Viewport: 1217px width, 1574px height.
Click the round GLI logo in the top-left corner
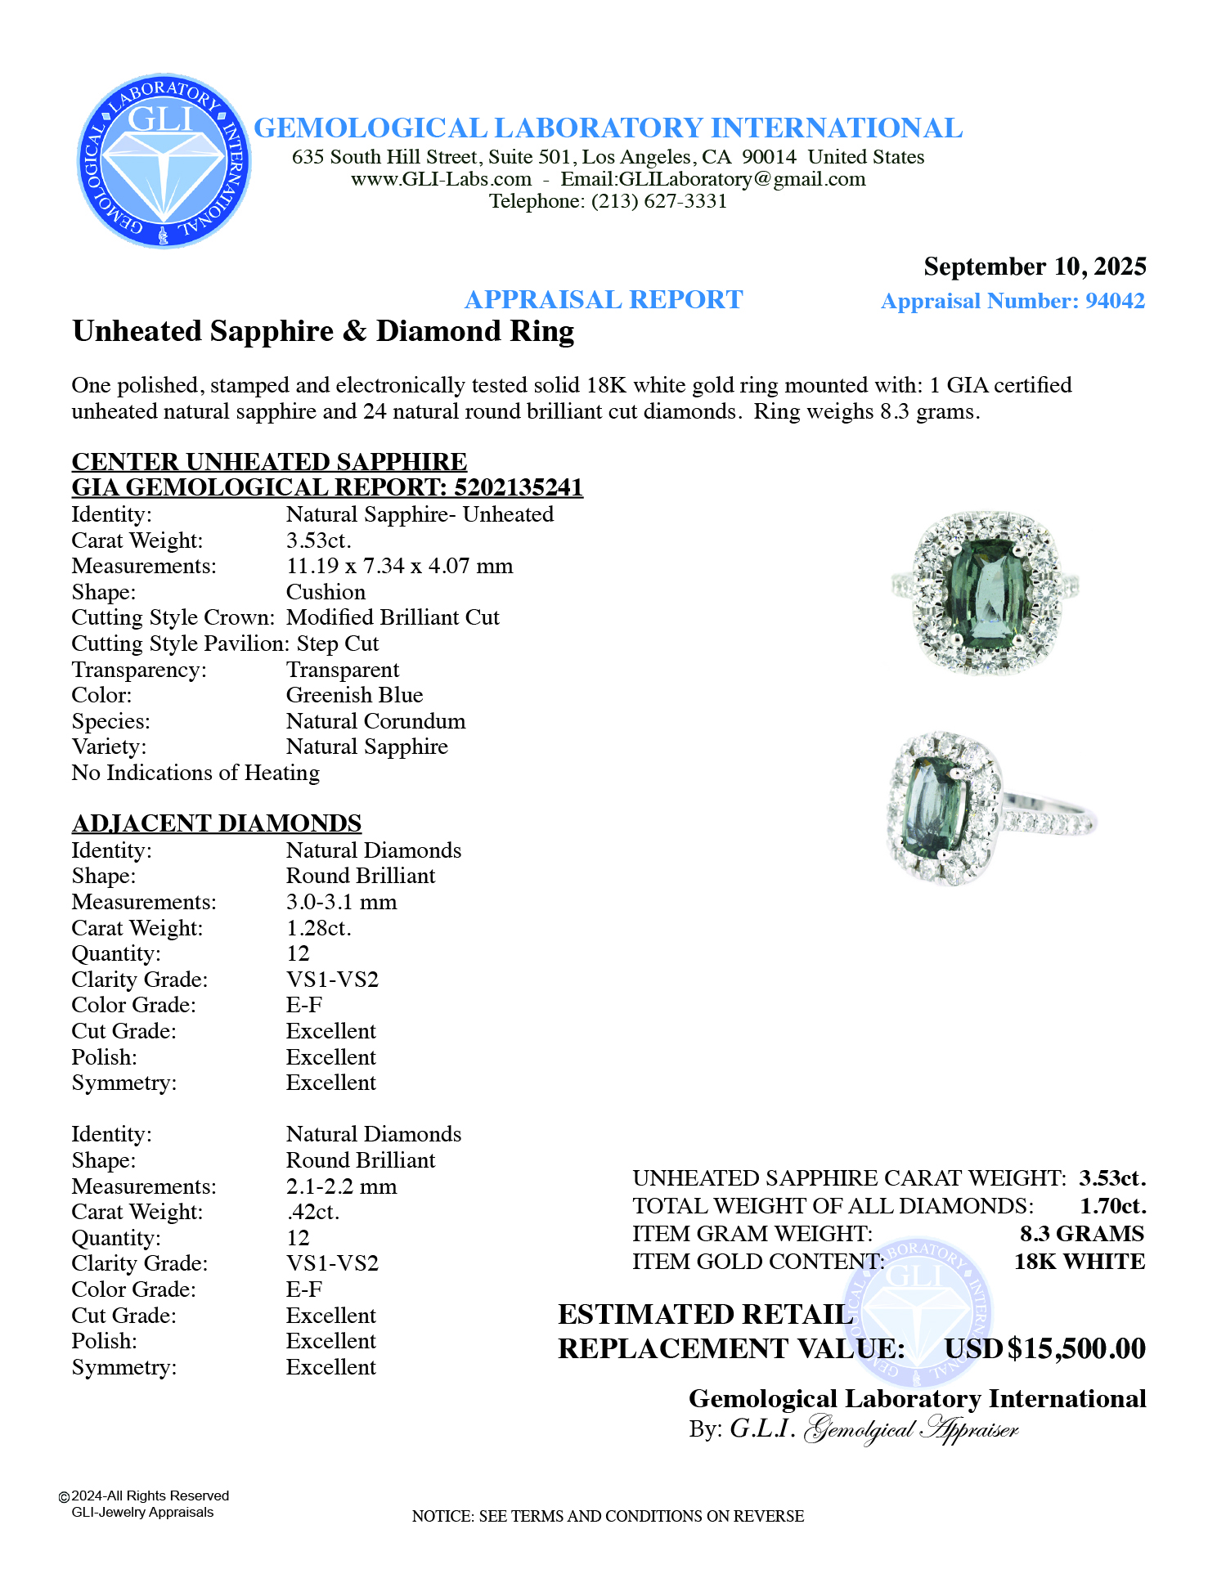[164, 161]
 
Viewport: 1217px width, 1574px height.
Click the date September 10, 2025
[1035, 267]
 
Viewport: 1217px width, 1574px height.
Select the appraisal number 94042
[1115, 301]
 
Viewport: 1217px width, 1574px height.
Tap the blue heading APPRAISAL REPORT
[604, 299]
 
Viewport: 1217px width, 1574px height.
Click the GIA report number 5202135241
[518, 487]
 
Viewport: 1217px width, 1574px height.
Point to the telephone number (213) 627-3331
[659, 201]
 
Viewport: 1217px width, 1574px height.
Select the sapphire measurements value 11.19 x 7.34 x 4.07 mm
[399, 566]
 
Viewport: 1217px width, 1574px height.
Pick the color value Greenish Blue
[354, 695]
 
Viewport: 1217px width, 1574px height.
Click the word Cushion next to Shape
[326, 592]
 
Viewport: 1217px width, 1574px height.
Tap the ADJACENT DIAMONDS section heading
[217, 823]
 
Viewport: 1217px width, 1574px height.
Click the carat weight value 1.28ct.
[318, 928]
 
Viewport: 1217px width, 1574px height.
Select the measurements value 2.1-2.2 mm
[341, 1186]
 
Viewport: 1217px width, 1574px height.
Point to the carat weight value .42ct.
[312, 1212]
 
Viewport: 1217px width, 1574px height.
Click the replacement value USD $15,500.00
[1044, 1348]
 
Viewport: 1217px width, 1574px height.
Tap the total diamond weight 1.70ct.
[1112, 1206]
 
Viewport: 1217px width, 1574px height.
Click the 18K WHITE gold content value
[1079, 1262]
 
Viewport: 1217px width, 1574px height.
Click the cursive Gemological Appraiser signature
[911, 1429]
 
